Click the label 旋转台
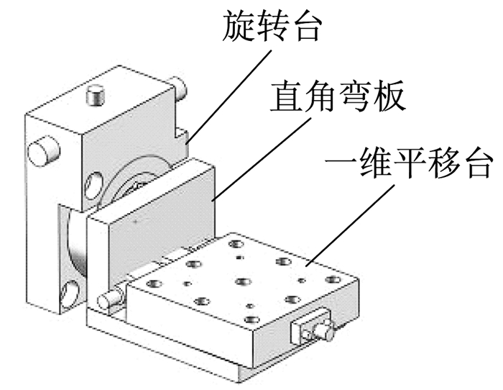pyautogui.click(x=272, y=26)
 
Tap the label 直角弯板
pyautogui.click(x=337, y=96)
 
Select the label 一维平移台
pyautogui.click(x=408, y=163)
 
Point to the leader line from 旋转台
pyautogui.click(x=229, y=96)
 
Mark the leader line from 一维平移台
pyautogui.click(x=350, y=226)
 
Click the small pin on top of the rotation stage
pyautogui.click(x=96, y=94)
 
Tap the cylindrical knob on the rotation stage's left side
pyautogui.click(x=44, y=151)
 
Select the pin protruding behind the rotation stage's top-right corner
pyautogui.click(x=180, y=86)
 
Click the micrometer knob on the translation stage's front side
pyautogui.click(x=322, y=331)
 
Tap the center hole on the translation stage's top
pyautogui.click(x=244, y=281)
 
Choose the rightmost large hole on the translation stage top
pyautogui.click(x=333, y=279)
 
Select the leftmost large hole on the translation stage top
pyautogui.click(x=154, y=284)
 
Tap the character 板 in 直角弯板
pyautogui.click(x=389, y=96)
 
